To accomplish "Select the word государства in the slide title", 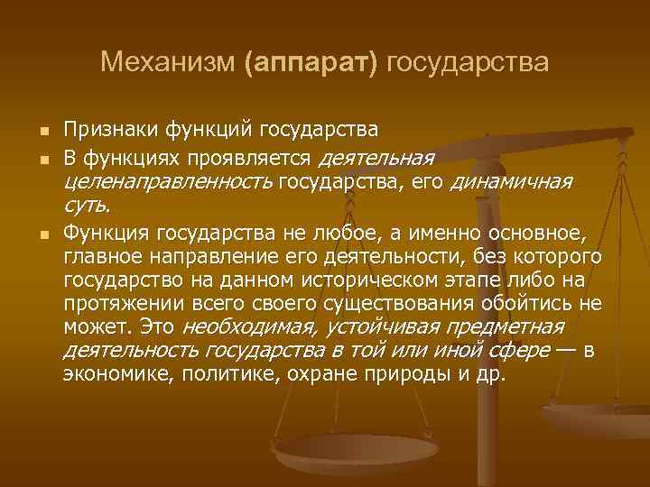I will click(467, 62).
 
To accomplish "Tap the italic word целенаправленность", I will click(168, 183).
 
